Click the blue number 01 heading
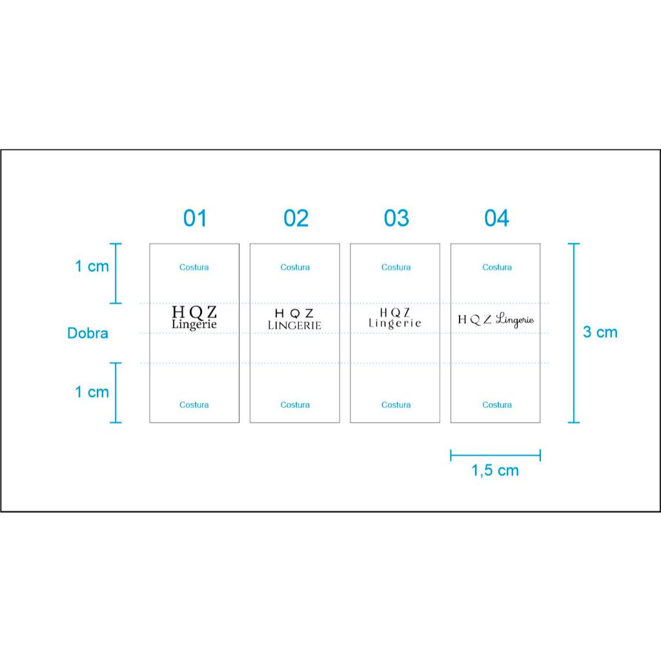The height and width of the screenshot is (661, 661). [195, 218]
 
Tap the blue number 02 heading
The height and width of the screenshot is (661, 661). [296, 218]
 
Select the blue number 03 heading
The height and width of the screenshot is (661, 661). [396, 218]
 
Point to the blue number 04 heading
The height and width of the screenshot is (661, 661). [496, 218]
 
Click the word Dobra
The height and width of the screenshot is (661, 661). [88, 333]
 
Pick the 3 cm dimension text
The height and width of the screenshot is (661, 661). [600, 332]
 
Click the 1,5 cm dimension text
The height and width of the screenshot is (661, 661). [495, 471]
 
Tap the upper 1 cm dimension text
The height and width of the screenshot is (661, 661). [92, 267]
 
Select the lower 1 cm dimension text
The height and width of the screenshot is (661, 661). [92, 392]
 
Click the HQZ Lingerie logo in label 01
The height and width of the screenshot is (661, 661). [194, 318]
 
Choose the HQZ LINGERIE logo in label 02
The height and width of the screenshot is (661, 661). [294, 319]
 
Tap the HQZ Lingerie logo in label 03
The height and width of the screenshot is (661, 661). [395, 318]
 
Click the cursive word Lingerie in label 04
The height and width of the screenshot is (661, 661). [514, 320]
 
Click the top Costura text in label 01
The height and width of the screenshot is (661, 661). [194, 267]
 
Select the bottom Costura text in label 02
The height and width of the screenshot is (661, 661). [295, 405]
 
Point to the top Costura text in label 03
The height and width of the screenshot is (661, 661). [396, 267]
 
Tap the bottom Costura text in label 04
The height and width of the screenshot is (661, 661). [497, 405]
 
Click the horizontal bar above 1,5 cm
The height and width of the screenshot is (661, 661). [495, 455]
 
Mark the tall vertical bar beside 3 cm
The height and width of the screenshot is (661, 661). [574, 333]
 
